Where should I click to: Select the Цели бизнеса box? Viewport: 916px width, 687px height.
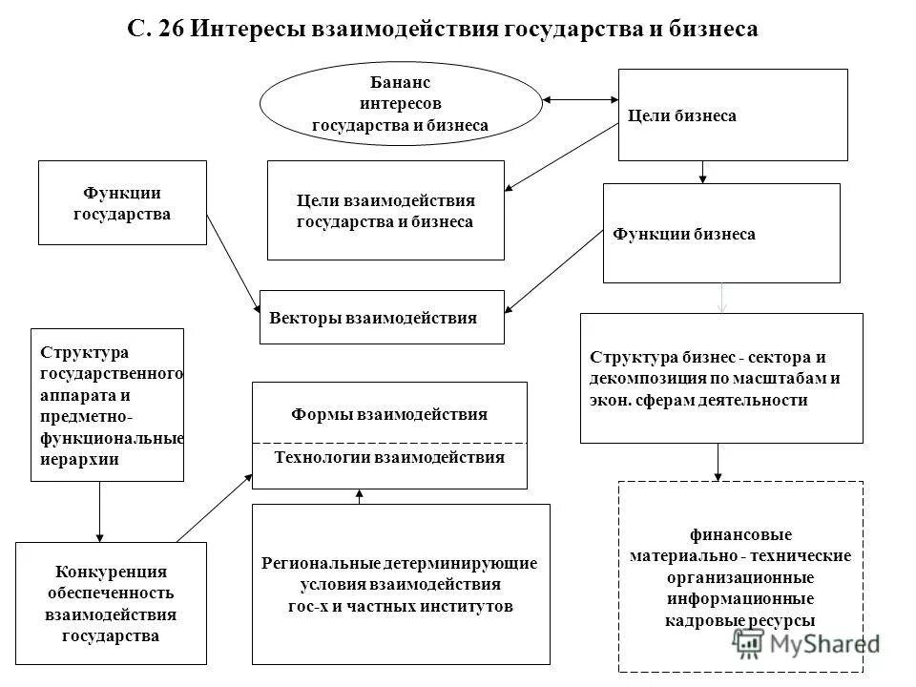tap(733, 115)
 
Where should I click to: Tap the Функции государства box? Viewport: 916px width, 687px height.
tap(122, 202)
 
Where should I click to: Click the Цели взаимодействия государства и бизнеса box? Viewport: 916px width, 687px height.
tap(385, 211)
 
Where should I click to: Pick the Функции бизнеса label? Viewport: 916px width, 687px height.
tap(683, 234)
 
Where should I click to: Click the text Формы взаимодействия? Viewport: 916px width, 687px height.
tap(388, 414)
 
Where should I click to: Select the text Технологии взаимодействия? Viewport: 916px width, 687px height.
tap(388, 457)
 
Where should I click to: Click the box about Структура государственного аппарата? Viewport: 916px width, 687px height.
tap(108, 405)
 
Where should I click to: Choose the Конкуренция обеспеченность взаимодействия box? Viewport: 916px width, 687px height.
tap(112, 603)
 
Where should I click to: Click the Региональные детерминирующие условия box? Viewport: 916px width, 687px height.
tap(400, 584)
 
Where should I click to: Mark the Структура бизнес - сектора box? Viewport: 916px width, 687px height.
tap(721, 379)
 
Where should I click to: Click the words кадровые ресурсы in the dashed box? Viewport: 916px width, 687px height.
tap(740, 620)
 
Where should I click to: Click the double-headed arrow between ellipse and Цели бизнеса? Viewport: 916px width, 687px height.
tap(580, 98)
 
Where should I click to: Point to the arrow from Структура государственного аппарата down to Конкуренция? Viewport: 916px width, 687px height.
tap(100, 511)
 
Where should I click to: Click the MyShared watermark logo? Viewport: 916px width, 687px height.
tap(811, 644)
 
